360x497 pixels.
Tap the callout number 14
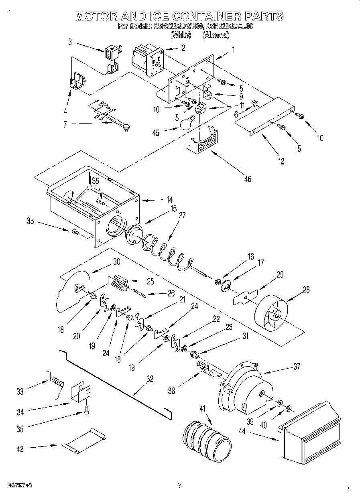click(170, 199)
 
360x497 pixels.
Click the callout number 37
click(297, 366)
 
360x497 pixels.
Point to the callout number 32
click(149, 378)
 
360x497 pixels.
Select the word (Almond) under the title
click(216, 35)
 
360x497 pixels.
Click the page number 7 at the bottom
click(180, 485)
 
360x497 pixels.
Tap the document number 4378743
click(19, 485)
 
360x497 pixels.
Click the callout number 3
click(70, 41)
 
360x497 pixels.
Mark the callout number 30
click(117, 261)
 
